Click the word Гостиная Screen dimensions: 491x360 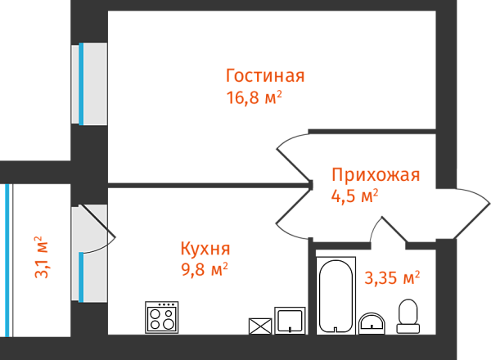pyautogui.click(x=265, y=76)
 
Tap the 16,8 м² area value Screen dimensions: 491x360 pyautogui.click(x=254, y=97)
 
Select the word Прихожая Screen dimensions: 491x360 pyautogui.click(x=376, y=174)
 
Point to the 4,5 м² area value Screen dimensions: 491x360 pyautogui.click(x=355, y=196)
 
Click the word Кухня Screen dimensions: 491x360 pyautogui.click(x=205, y=249)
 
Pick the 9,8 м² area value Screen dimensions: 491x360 pyautogui.click(x=205, y=269)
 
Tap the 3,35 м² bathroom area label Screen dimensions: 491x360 pyautogui.click(x=392, y=277)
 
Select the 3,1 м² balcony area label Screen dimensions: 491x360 pyautogui.click(x=42, y=257)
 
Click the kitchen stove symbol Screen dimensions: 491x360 pyautogui.click(x=162, y=317)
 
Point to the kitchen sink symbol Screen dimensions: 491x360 pyautogui.click(x=290, y=321)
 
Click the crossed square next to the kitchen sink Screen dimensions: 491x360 pyautogui.click(x=260, y=326)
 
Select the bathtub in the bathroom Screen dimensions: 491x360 pyautogui.click(x=336, y=295)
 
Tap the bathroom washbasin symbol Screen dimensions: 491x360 pyautogui.click(x=372, y=323)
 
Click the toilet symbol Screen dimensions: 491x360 pyautogui.click(x=408, y=316)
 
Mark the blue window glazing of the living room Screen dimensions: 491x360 pyautogui.click(x=81, y=84)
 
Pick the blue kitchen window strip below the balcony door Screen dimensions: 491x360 pyautogui.click(x=81, y=277)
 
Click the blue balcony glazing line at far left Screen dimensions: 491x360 pyautogui.click(x=7, y=260)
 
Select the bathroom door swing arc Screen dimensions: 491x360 pyautogui.click(x=375, y=228)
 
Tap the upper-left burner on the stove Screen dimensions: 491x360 pyautogui.click(x=155, y=313)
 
